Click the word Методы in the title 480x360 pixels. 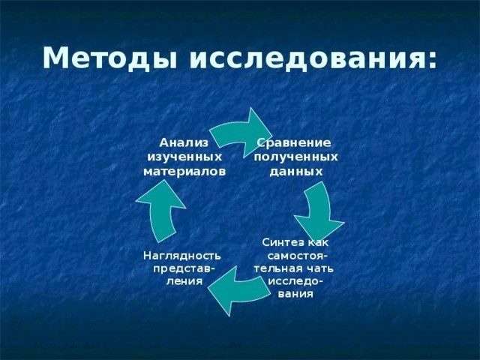110,58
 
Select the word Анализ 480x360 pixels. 184,142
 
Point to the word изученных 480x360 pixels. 184,157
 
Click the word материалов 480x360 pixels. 184,172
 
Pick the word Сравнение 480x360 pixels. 294,143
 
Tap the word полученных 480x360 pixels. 296,157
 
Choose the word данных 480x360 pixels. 296,172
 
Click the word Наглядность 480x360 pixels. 181,256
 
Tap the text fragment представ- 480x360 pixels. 184,269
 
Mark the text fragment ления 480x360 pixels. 184,281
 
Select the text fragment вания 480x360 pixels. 295,294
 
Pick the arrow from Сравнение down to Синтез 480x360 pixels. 320,211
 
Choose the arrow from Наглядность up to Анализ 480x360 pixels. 160,208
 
